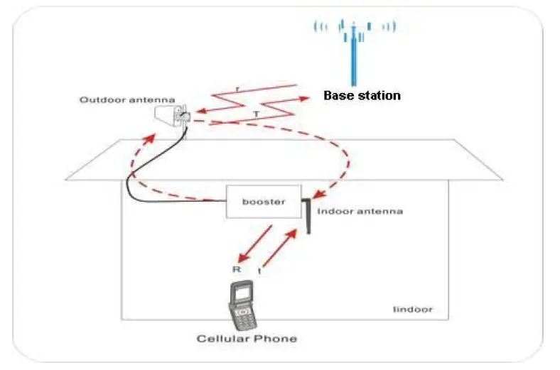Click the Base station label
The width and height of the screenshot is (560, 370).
coord(362,95)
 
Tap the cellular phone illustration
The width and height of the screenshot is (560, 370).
coord(244,305)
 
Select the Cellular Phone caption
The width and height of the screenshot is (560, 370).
coord(246,339)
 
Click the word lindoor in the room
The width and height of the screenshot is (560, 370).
coord(412,310)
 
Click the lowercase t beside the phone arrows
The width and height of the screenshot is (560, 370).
coord(259,271)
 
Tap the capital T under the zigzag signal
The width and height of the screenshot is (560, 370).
coord(256,114)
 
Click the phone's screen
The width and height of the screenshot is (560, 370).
coord(243,291)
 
